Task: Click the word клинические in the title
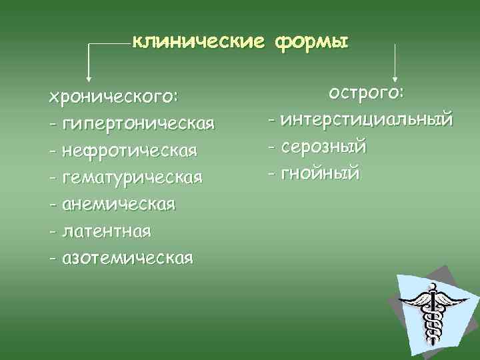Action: pos(194,43)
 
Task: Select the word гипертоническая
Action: pos(139,124)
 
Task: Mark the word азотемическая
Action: pos(127,257)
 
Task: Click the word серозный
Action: pos(324,147)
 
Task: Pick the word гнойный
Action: pos(321,173)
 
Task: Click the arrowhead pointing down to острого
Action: pos(396,78)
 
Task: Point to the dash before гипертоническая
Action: pos(52,125)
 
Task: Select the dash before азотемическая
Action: pos(52,258)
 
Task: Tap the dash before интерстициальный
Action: pos(271,121)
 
